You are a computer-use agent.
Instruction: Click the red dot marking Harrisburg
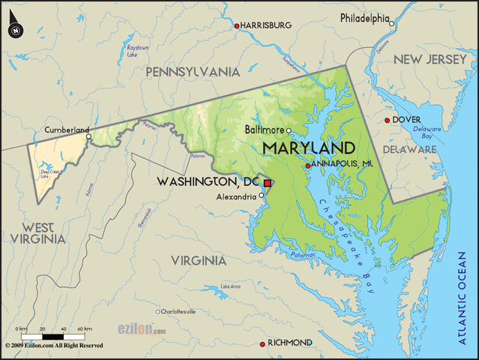238,25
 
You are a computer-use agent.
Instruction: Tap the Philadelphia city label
364,18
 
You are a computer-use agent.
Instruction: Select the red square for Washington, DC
267,182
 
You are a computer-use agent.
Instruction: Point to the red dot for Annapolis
307,166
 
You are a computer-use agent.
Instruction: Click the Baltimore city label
265,130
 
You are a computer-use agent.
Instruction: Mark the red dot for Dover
387,120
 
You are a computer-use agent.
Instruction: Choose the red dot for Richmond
262,343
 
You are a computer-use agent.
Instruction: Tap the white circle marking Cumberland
88,136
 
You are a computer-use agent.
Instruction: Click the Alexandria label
236,196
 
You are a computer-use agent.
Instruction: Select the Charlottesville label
178,310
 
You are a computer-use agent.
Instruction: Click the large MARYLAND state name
308,146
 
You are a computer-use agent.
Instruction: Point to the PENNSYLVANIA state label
192,72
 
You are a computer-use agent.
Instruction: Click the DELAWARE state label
409,150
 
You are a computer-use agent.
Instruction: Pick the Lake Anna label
230,286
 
